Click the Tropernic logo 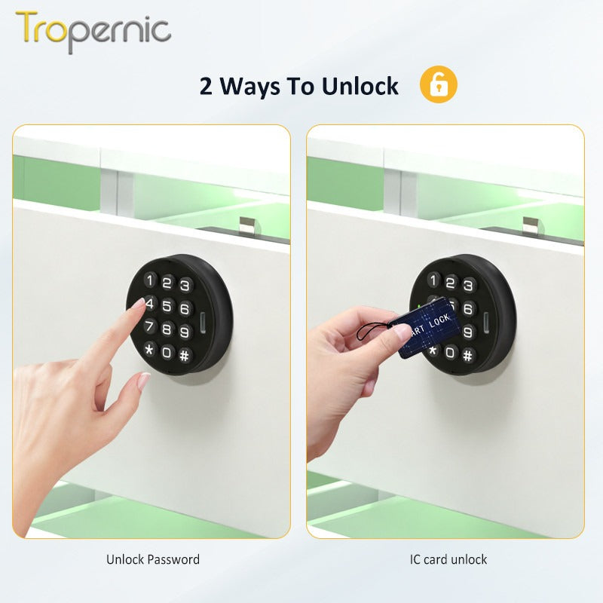[x=93, y=31]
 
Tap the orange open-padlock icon [x=438, y=84]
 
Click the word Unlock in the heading [x=360, y=87]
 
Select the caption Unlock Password [x=153, y=559]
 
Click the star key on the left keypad [x=149, y=350]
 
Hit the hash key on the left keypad [x=185, y=354]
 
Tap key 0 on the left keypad [x=167, y=352]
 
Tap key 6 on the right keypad [x=468, y=309]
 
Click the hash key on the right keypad [x=468, y=354]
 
